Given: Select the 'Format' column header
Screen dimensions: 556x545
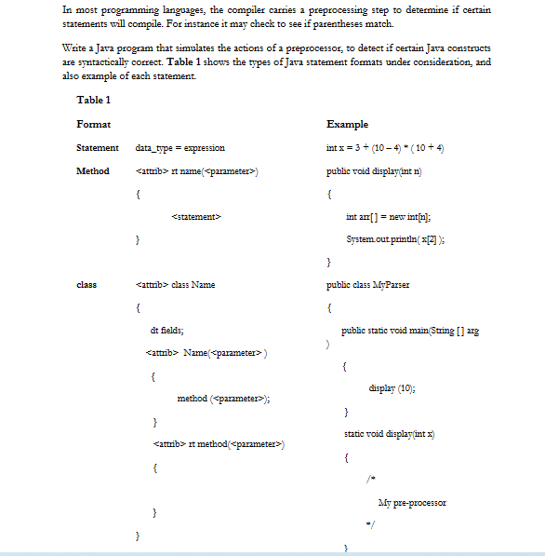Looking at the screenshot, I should pyautogui.click(x=94, y=124).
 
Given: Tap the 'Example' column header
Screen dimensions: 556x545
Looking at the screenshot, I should pyautogui.click(x=347, y=124).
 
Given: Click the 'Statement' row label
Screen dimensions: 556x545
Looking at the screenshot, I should pyautogui.click(x=98, y=148).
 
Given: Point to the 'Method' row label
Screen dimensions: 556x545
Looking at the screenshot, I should pyautogui.click(x=93, y=171).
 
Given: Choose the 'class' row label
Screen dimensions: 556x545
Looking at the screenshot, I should pyautogui.click(x=87, y=284).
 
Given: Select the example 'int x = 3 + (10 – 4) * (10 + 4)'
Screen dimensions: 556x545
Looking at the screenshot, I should pyautogui.click(x=382, y=148).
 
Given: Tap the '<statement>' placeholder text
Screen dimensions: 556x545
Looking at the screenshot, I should pyautogui.click(x=195, y=217).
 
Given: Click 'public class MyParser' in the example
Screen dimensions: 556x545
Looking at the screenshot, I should pyautogui.click(x=368, y=284).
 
